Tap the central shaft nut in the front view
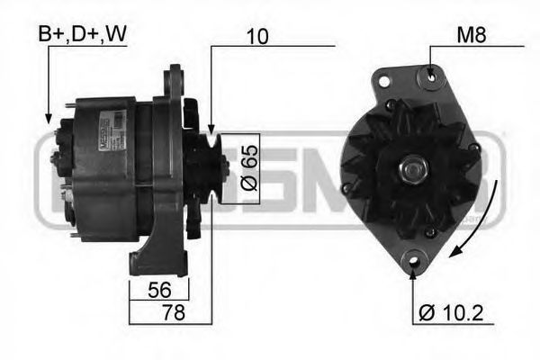[415, 166]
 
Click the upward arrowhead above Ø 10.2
[413, 271]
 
